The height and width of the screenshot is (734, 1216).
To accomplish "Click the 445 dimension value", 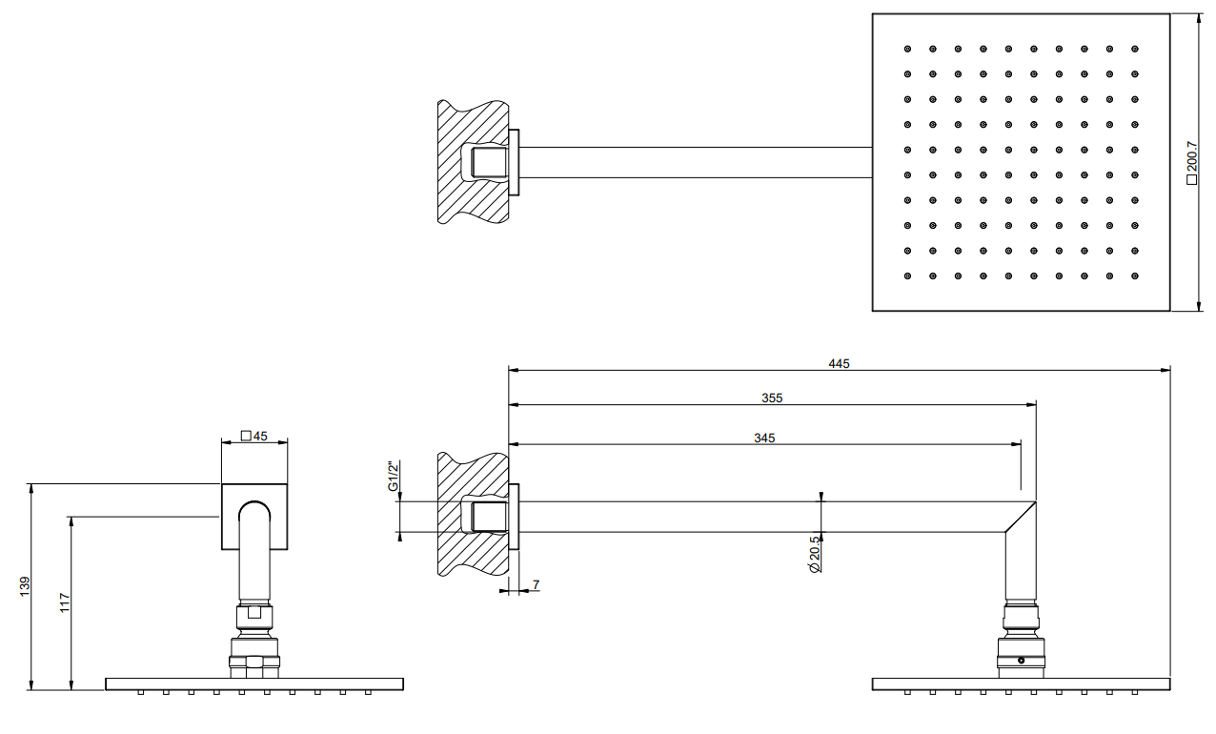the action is [x=839, y=364].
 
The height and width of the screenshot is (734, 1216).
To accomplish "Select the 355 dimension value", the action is [x=772, y=398].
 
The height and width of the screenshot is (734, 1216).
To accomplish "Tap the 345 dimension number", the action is [x=764, y=438].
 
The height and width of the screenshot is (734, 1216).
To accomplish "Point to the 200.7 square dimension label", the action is [x=1191, y=163].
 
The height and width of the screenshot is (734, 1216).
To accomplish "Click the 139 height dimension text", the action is [x=25, y=586].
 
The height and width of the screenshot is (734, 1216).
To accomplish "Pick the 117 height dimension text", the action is [x=65, y=602].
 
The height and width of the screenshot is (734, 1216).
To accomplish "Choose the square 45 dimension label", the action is [x=254, y=436].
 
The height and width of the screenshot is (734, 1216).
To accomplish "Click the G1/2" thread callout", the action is [x=393, y=476].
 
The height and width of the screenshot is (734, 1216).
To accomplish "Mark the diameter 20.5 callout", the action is [x=814, y=554].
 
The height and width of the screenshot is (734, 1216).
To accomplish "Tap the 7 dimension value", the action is [x=537, y=584].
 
